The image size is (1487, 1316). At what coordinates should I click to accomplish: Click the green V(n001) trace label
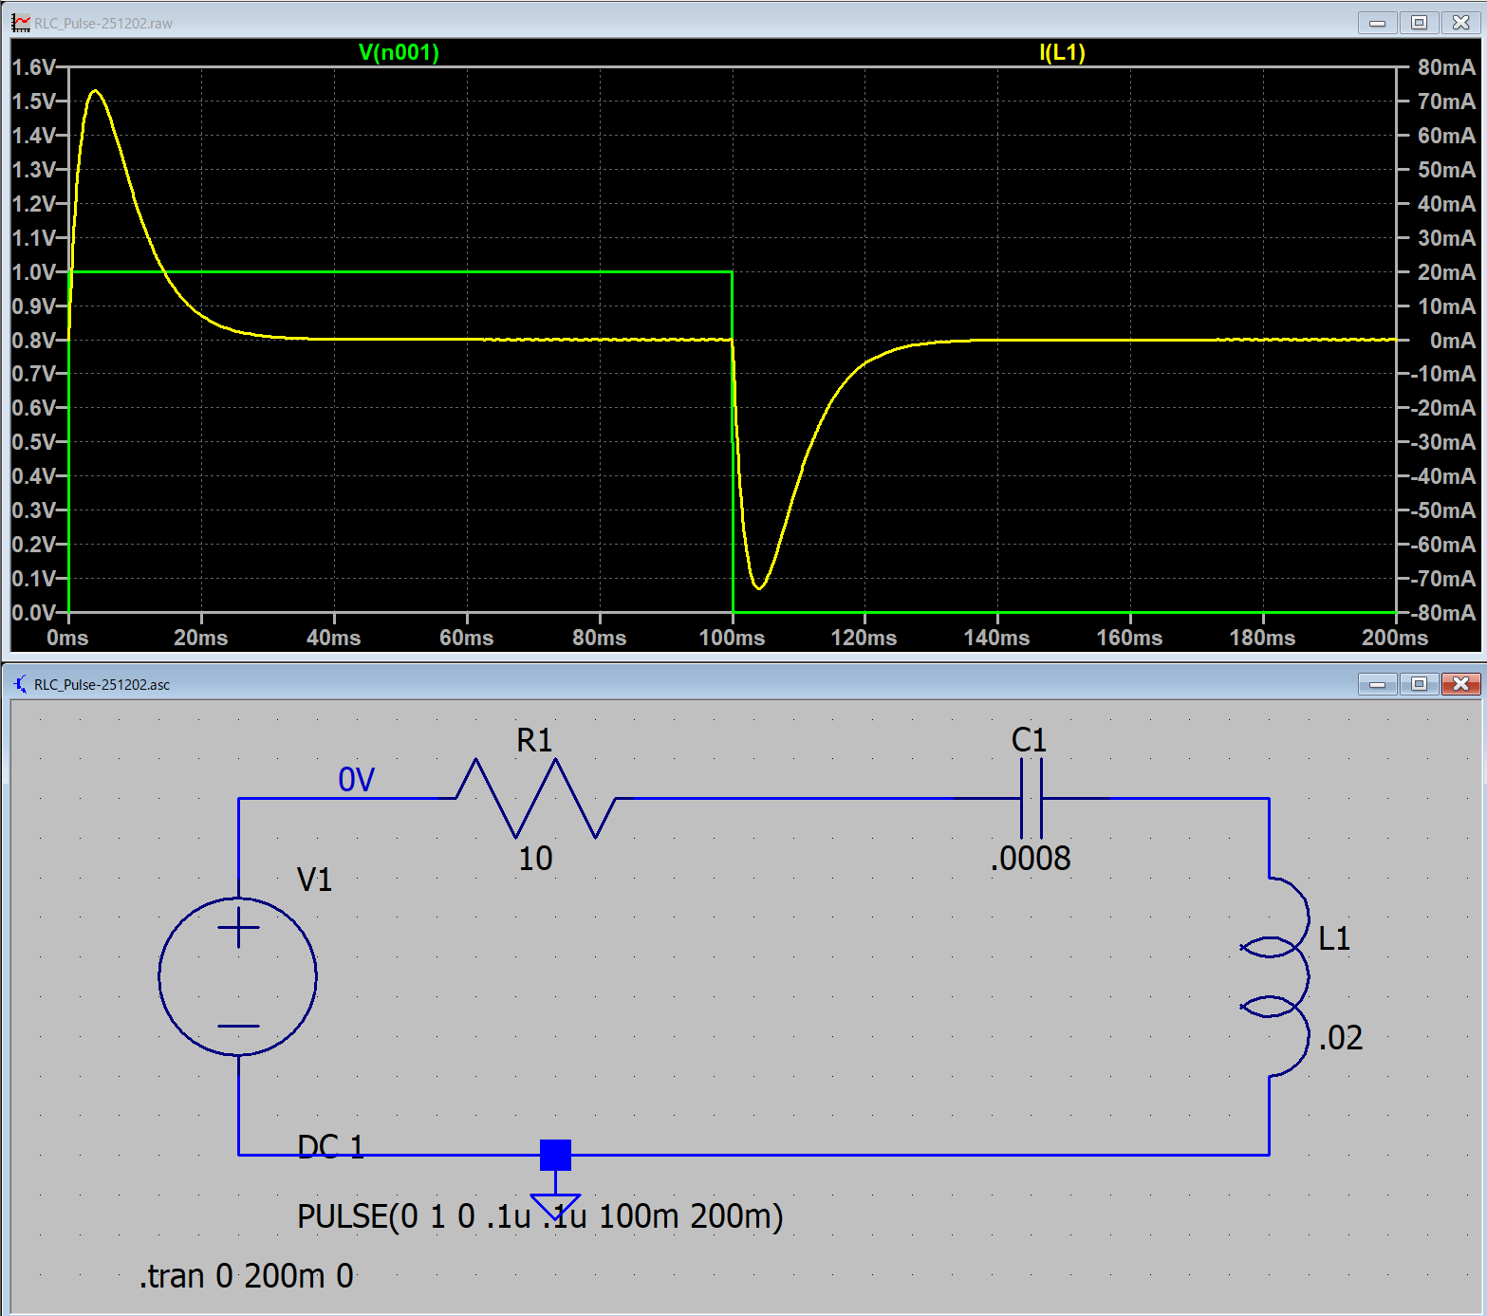(399, 52)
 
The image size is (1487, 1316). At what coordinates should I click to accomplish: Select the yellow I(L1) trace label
(1062, 52)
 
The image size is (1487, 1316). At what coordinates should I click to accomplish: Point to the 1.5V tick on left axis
(34, 102)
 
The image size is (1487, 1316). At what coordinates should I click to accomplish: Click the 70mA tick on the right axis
(1445, 102)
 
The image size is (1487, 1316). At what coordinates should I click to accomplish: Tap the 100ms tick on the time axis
(732, 638)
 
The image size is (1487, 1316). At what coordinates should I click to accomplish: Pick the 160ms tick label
(1129, 638)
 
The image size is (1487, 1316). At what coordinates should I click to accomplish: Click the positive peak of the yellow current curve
(95, 91)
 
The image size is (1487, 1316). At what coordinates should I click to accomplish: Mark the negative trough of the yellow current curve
(759, 588)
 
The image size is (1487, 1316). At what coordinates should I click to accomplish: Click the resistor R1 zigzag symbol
(536, 798)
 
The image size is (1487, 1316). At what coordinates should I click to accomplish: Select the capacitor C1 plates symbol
(1031, 798)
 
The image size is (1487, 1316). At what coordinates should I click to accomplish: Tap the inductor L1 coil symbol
(1281, 977)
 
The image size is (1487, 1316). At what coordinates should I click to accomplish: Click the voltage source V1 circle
(238, 976)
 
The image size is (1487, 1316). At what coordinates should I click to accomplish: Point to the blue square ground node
(555, 1155)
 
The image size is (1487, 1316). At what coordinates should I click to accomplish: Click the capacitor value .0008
(1031, 859)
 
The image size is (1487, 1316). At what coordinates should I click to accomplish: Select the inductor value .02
(1340, 1038)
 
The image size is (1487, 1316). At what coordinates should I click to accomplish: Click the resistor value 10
(535, 859)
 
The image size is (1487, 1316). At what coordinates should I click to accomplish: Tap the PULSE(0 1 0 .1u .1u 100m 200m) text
(540, 1216)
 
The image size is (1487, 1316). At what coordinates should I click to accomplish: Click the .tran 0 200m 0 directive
(247, 1276)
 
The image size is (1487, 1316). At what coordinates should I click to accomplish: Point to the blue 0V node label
(356, 780)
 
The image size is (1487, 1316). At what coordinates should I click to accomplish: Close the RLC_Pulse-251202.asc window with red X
(1460, 684)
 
